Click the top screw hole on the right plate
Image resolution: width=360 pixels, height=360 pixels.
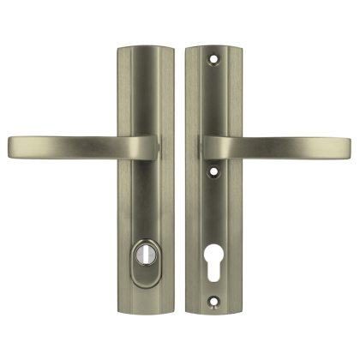211,60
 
